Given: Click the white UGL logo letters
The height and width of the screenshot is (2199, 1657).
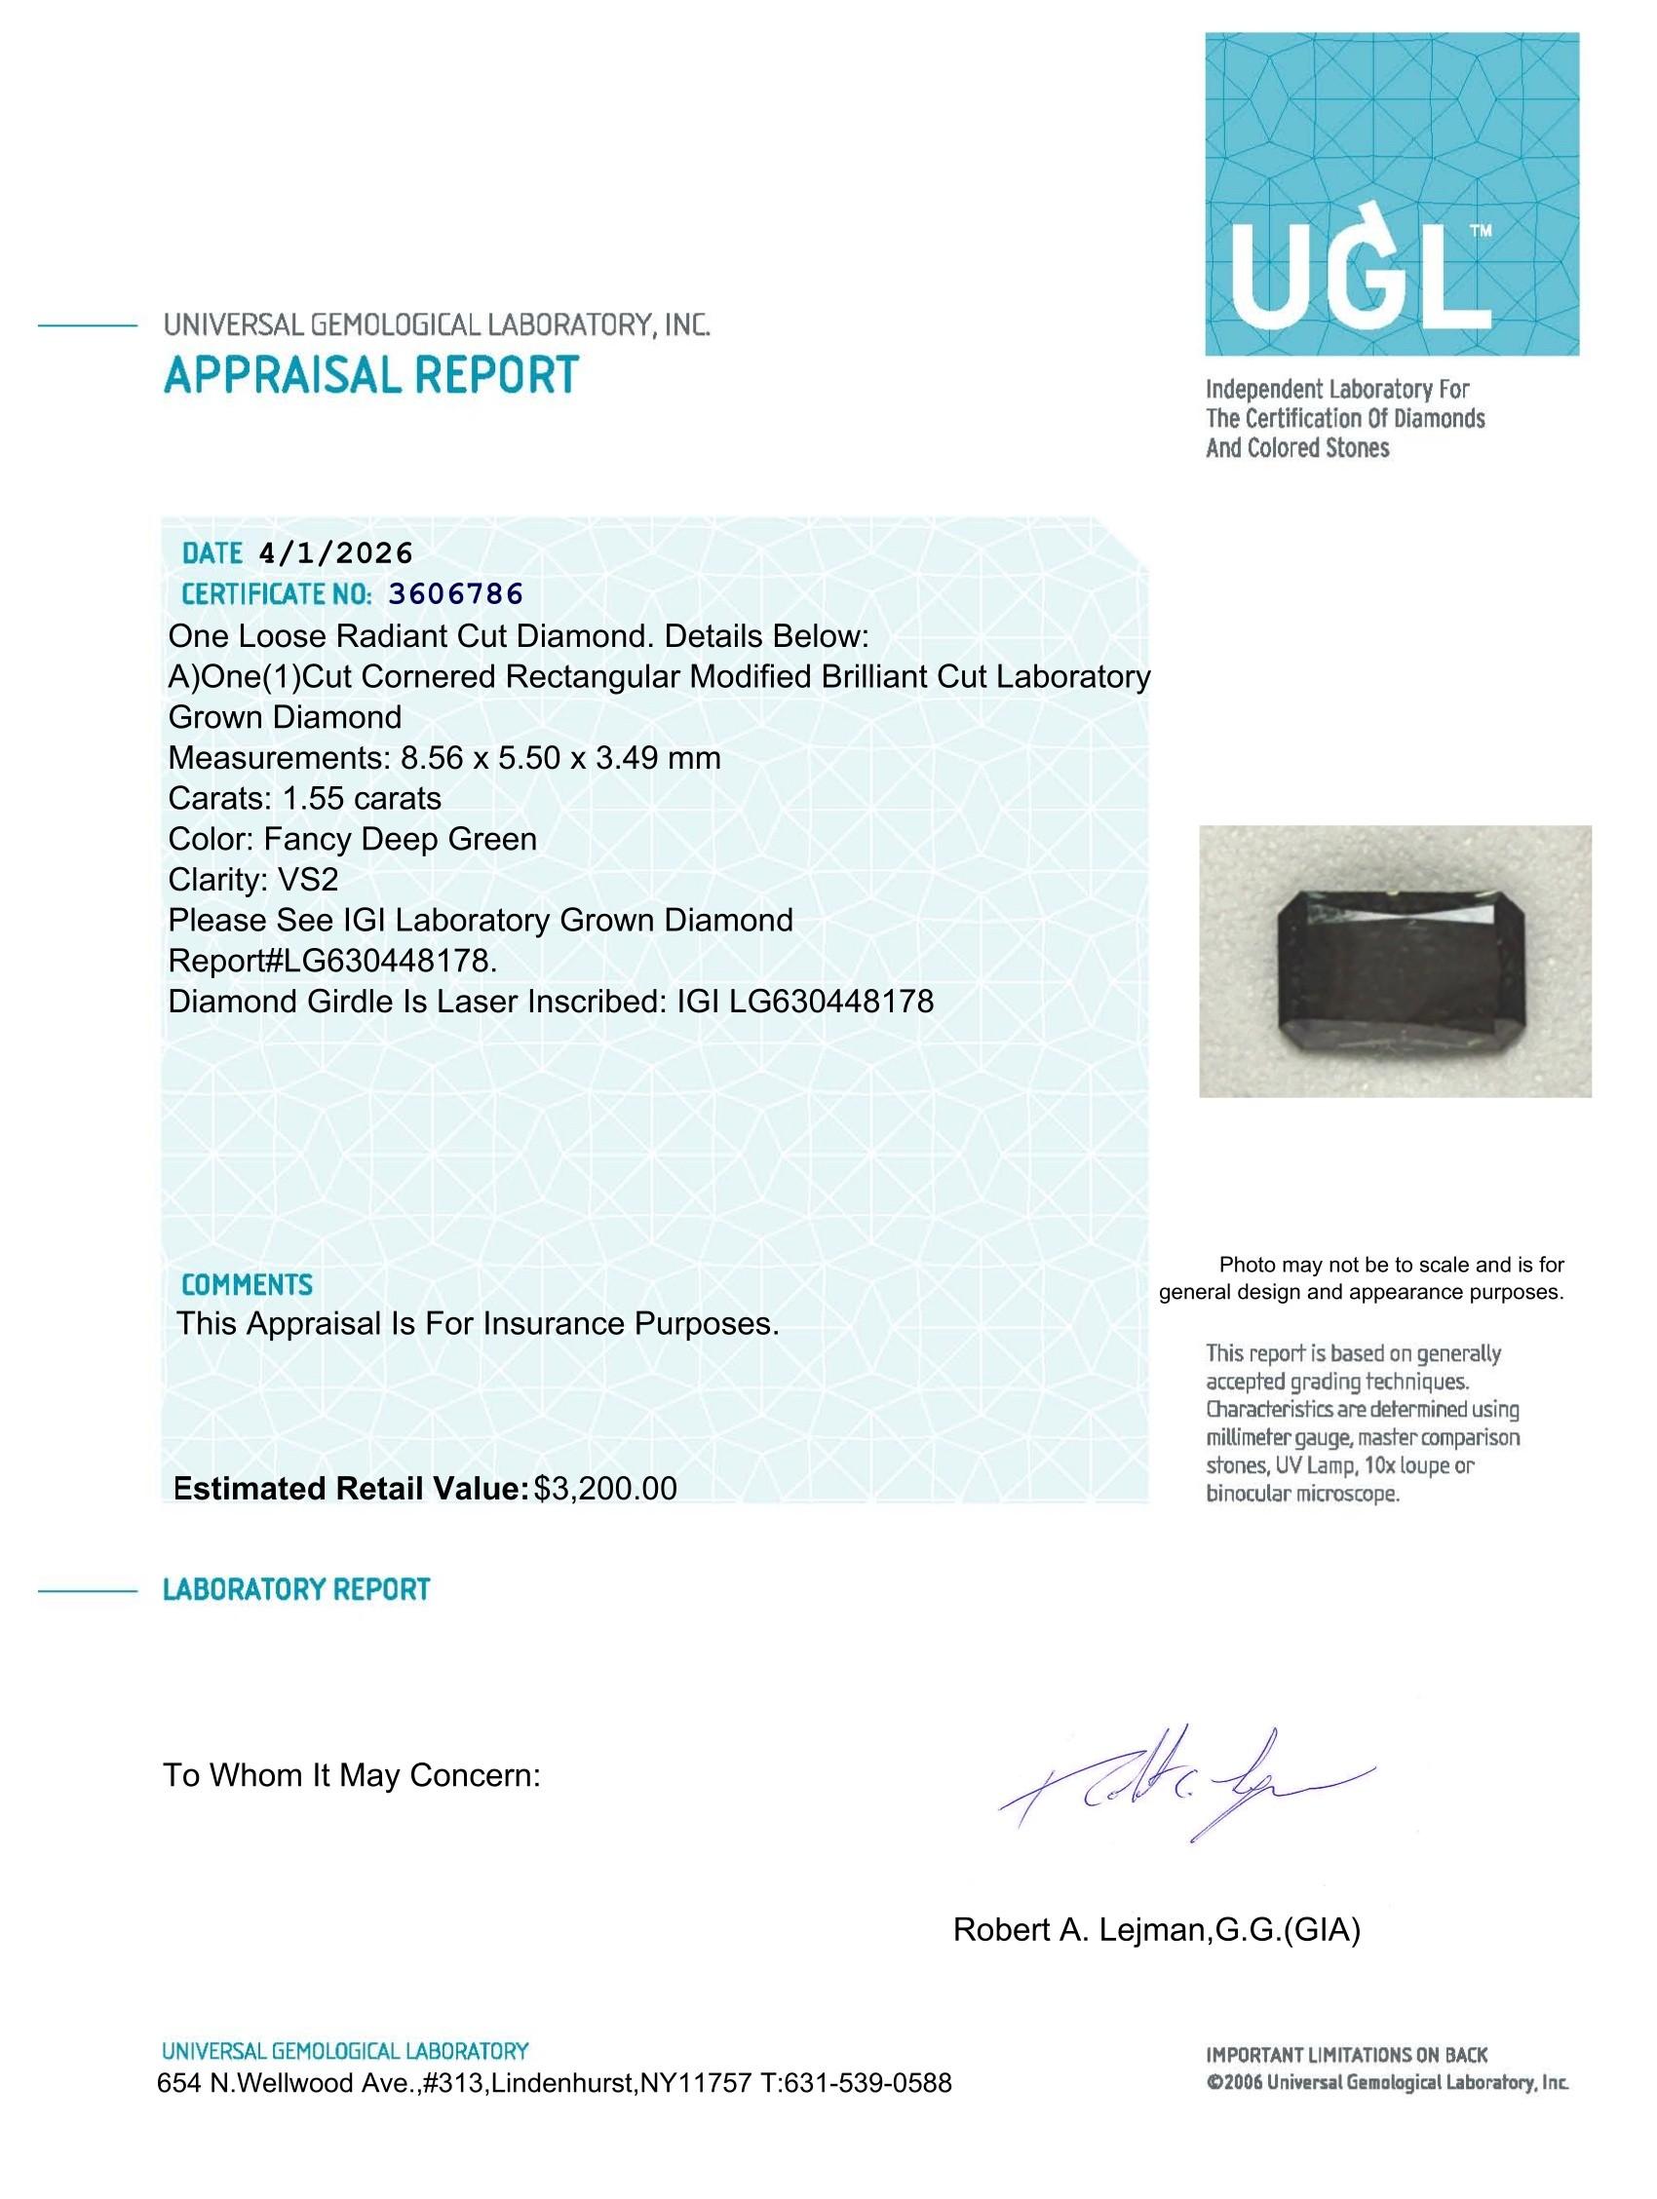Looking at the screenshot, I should click(1359, 281).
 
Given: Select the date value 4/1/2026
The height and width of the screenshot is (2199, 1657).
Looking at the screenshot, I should click(334, 552).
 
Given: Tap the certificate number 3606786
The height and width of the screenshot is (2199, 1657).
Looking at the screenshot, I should click(455, 593).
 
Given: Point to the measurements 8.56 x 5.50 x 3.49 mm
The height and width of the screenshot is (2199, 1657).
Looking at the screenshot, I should click(559, 759).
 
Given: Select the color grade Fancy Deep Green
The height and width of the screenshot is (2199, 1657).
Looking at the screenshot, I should click(400, 839).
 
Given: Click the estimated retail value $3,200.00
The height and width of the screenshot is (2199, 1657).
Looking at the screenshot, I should click(604, 1488).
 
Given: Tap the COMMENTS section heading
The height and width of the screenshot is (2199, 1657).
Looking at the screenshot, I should click(247, 1285).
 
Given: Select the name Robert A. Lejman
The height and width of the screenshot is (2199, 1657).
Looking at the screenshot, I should click(1077, 1929).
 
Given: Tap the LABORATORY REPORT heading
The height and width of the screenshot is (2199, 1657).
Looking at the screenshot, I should click(296, 1590).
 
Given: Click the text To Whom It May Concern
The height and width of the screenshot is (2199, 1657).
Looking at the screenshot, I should click(352, 1775).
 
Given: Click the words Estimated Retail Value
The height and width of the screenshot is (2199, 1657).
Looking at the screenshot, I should click(350, 1488).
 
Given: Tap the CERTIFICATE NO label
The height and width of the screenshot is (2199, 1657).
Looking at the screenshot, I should click(277, 594).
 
